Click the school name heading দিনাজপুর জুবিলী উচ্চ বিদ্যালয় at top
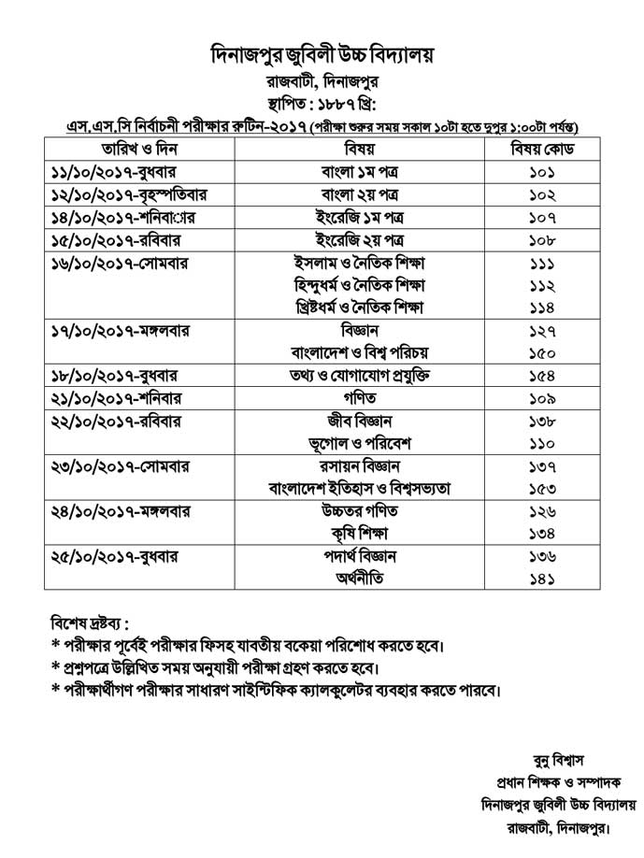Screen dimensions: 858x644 click(322, 55)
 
